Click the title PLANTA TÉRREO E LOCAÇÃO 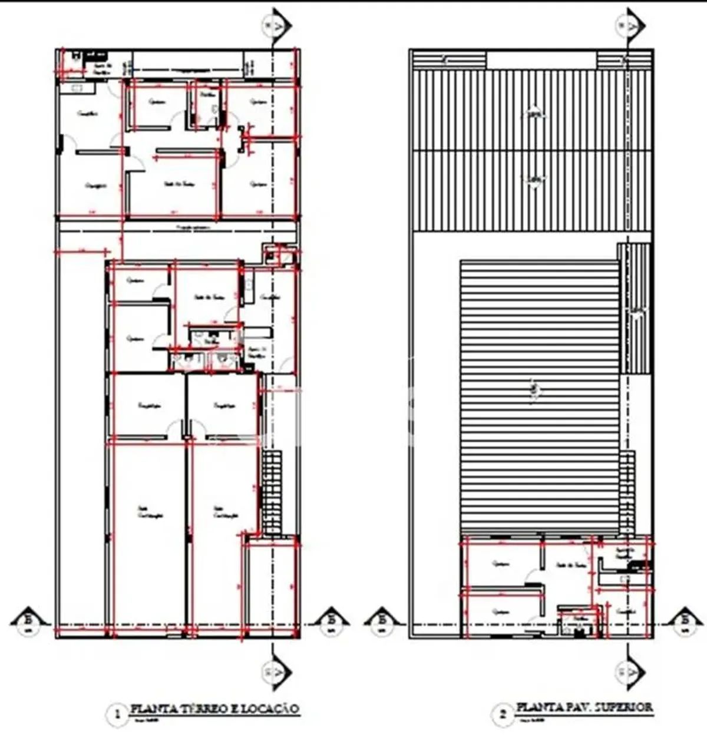click(x=214, y=709)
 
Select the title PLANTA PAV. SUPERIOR click(x=584, y=707)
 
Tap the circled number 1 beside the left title click(x=117, y=715)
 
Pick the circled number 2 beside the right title click(x=503, y=715)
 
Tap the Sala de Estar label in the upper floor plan click(x=570, y=564)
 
